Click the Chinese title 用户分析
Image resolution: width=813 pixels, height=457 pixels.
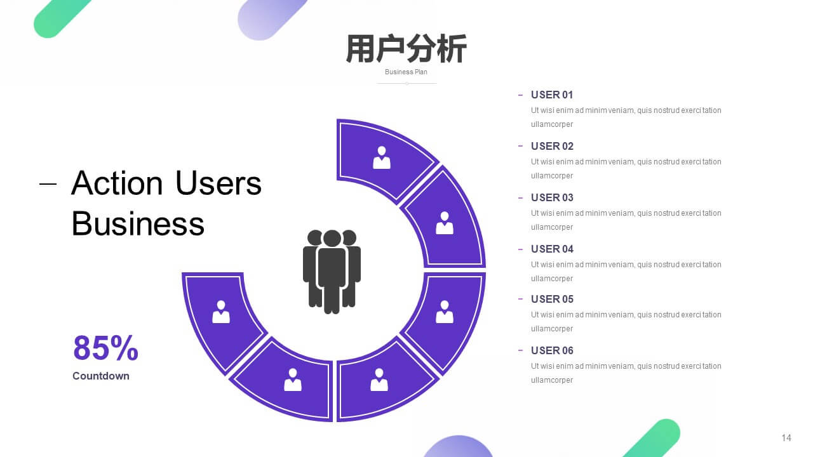(406, 49)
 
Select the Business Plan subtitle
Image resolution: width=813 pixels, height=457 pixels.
(406, 72)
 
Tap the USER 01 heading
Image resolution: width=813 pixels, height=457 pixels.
(552, 95)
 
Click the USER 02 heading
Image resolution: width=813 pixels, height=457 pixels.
(552, 146)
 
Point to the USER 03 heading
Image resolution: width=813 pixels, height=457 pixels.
(552, 197)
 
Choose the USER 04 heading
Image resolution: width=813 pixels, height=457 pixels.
(552, 249)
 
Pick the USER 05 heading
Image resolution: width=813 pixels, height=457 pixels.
(552, 299)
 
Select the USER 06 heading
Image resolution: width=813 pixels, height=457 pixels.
(552, 351)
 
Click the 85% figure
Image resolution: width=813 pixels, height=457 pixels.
(105, 348)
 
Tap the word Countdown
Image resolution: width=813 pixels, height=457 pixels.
(101, 376)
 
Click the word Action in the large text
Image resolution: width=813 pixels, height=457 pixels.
(117, 183)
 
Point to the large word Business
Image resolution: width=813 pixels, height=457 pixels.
(138, 223)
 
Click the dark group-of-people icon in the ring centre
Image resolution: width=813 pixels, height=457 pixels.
(332, 272)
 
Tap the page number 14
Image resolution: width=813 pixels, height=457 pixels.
(786, 438)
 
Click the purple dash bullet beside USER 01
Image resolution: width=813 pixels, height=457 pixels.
(520, 95)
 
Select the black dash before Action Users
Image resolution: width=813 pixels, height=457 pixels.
(48, 184)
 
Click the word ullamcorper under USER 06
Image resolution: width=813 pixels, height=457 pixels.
(552, 380)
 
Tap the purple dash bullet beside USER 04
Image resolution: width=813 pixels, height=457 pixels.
(520, 249)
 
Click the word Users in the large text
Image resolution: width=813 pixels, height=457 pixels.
(218, 183)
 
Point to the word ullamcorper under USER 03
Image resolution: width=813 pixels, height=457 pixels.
(552, 227)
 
